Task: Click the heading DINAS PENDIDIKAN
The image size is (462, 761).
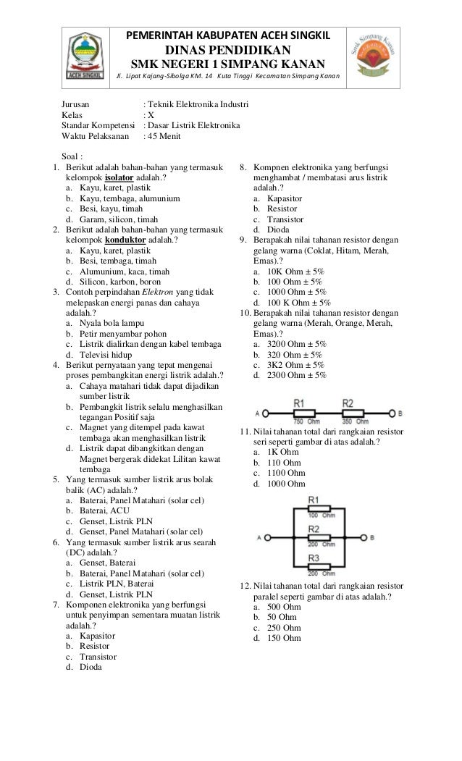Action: click(x=229, y=49)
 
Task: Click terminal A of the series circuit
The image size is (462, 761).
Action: click(x=265, y=413)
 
